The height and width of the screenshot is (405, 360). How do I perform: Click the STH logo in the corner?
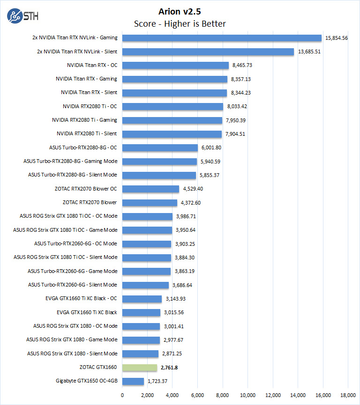tap(22, 15)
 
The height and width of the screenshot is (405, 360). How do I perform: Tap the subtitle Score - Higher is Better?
tap(180, 24)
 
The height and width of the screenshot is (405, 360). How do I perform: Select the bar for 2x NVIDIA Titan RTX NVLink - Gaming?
tap(222, 38)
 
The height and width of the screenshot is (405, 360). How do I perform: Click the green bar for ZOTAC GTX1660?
tap(140, 368)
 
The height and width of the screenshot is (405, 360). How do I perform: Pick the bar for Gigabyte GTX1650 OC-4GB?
tap(133, 381)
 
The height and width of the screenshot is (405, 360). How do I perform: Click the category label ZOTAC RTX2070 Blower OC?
tap(86, 189)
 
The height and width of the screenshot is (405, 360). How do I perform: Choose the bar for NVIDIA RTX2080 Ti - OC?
tap(172, 106)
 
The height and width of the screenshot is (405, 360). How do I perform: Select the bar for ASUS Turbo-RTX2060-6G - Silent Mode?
tap(145, 285)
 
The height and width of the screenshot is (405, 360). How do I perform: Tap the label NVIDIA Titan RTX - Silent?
tap(89, 93)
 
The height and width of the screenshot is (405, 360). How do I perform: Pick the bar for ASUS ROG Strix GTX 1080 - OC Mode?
tap(141, 326)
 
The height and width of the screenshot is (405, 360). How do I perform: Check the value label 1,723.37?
tap(159, 381)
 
